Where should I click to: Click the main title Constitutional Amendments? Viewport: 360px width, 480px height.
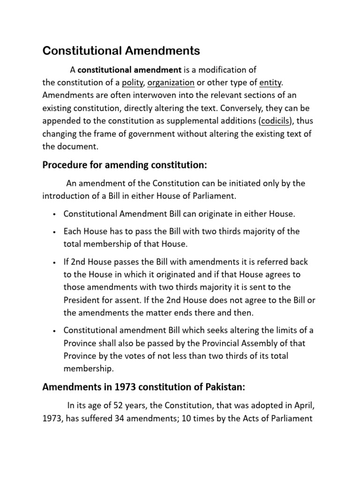[x=121, y=50]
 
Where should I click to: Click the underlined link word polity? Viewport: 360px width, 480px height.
[x=133, y=83]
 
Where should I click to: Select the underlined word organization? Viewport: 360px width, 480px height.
[x=171, y=83]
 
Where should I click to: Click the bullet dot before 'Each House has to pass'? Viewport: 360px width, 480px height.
[x=55, y=232]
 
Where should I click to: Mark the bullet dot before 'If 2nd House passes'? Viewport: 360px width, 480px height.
[x=55, y=262]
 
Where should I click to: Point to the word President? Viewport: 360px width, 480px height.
[x=82, y=300]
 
